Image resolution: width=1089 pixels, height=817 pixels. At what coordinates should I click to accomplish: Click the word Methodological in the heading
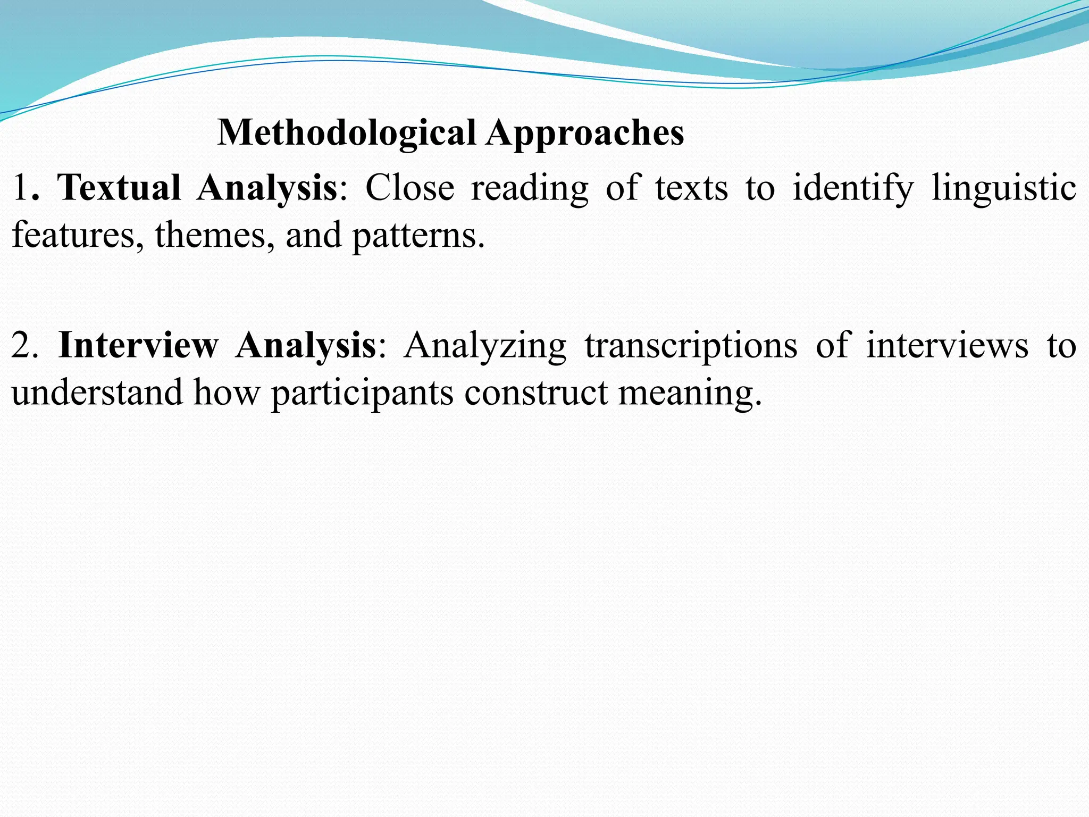(347, 133)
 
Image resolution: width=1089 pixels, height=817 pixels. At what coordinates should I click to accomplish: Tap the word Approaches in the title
(584, 133)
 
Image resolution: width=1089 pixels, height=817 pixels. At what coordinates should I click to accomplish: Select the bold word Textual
(119, 188)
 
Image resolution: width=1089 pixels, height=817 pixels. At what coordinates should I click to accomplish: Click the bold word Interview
(138, 345)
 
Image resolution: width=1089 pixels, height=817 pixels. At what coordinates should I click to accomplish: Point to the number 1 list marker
(20, 188)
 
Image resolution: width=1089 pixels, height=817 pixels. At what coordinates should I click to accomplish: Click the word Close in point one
(409, 188)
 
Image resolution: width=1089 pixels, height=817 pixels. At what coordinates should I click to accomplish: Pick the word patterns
(418, 235)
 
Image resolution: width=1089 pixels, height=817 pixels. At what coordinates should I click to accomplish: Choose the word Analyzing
(485, 345)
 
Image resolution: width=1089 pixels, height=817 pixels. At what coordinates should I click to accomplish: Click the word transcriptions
(691, 345)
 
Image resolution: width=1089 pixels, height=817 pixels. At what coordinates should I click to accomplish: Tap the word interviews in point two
(947, 345)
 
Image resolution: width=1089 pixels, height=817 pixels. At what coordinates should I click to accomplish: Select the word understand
(97, 393)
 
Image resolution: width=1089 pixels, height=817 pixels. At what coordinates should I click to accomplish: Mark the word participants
(362, 393)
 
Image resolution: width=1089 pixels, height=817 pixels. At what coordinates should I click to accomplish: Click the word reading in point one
(530, 188)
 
